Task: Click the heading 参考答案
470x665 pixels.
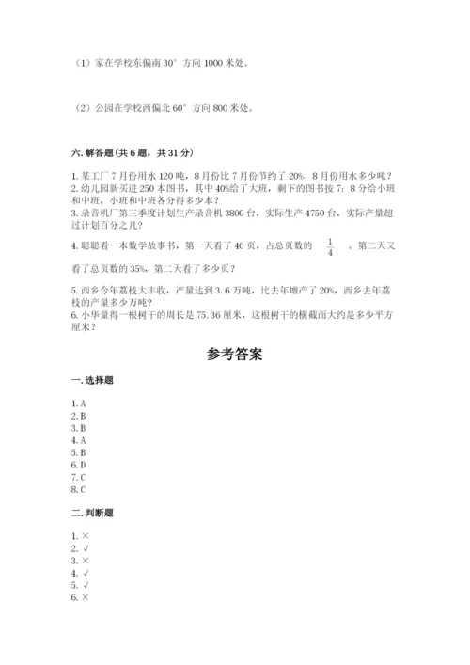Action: [235, 356]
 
